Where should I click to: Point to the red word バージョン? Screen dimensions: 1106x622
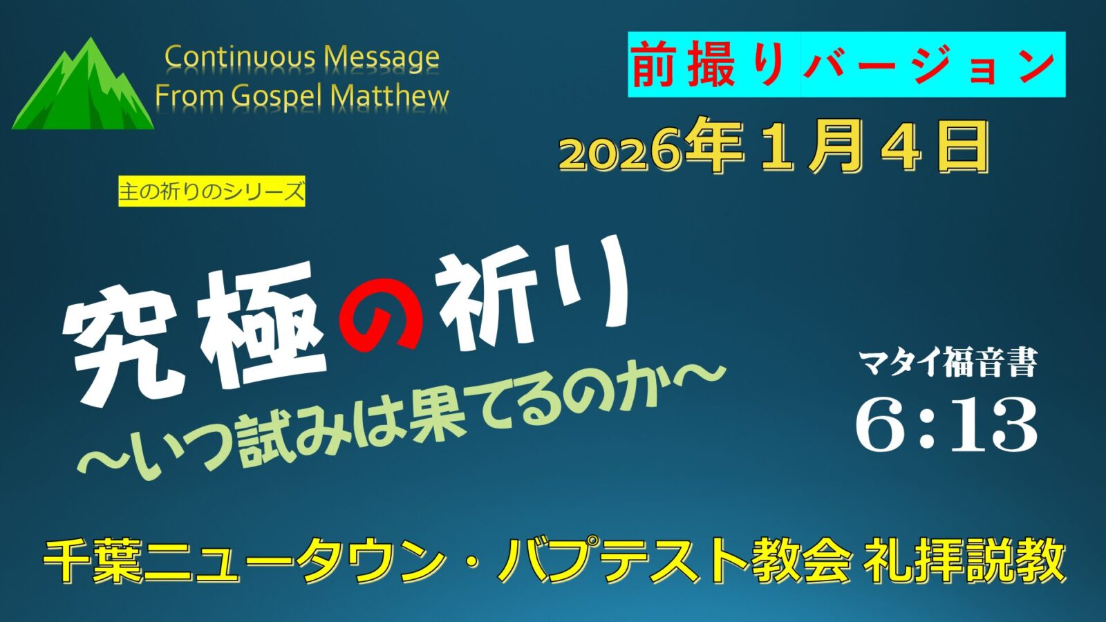pyautogui.click(x=929, y=65)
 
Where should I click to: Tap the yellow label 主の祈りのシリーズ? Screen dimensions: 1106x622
pyautogui.click(x=212, y=191)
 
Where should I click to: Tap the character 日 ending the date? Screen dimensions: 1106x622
pyautogui.click(x=964, y=148)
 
